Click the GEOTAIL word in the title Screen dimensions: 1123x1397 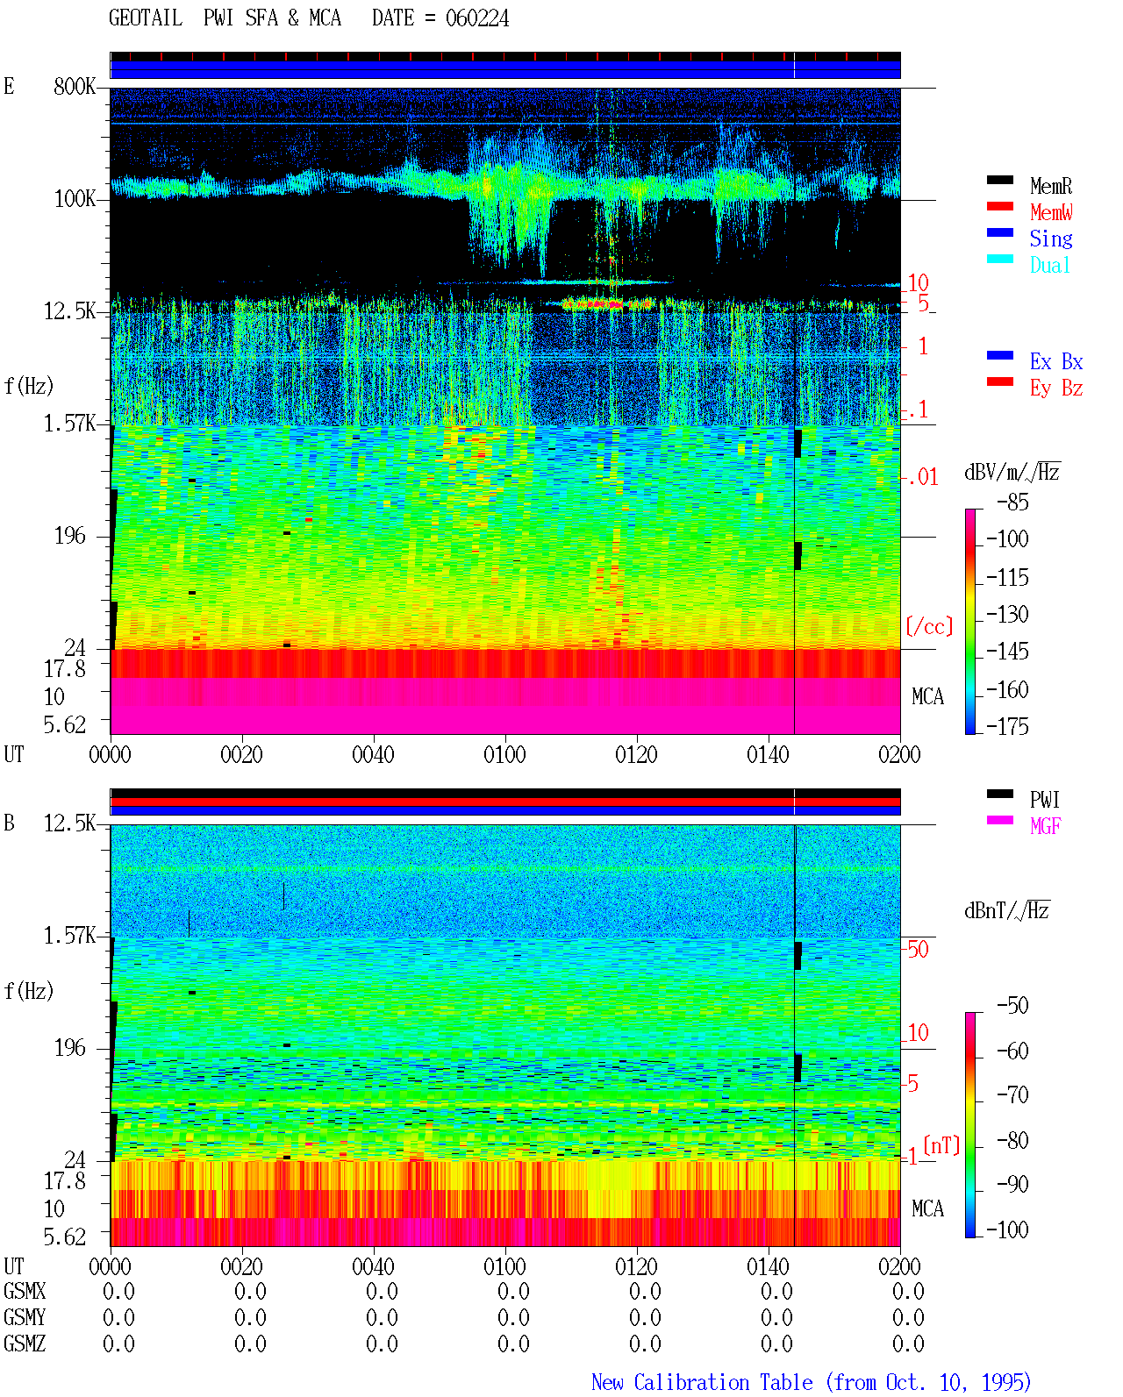coord(146,18)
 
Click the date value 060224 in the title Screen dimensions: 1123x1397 coord(476,18)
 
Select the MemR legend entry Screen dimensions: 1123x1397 coord(1050,186)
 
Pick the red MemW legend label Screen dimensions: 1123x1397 coord(1051,211)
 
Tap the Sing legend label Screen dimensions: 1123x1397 coord(1050,239)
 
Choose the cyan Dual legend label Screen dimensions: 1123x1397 coord(1049,265)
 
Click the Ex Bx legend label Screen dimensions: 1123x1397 coord(1056,361)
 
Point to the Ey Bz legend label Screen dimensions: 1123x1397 coord(1056,388)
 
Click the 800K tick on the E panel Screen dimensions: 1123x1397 coord(75,86)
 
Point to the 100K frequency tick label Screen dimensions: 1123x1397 coord(75,199)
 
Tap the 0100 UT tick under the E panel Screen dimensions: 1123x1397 coord(504,754)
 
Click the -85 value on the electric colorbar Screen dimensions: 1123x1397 coord(1012,502)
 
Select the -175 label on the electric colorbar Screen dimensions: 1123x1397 coord(1006,726)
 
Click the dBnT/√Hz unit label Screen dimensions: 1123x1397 coord(1006,910)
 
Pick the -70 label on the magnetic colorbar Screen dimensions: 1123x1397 coord(1012,1094)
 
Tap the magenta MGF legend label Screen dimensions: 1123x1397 coord(1045,826)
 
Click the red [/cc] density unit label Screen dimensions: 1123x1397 coord(929,626)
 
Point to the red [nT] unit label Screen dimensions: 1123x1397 coord(941,1144)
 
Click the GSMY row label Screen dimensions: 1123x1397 coord(25,1317)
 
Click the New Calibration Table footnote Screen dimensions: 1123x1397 coord(811,1382)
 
